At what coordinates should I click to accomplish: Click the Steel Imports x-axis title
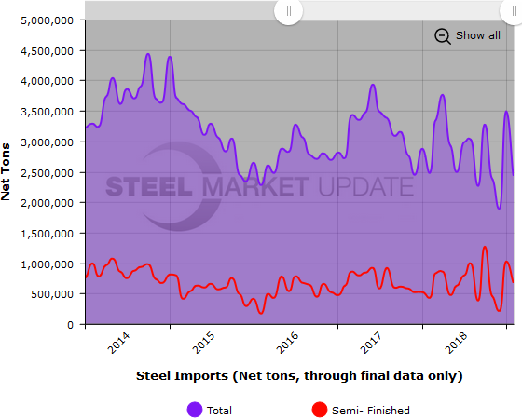299,376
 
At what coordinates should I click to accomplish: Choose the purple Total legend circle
195,410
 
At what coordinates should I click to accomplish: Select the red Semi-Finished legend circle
319,410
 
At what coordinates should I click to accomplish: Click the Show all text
477,35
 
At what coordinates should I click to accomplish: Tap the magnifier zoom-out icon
443,35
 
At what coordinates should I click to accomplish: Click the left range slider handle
288,11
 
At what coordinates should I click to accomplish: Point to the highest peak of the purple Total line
148,54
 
